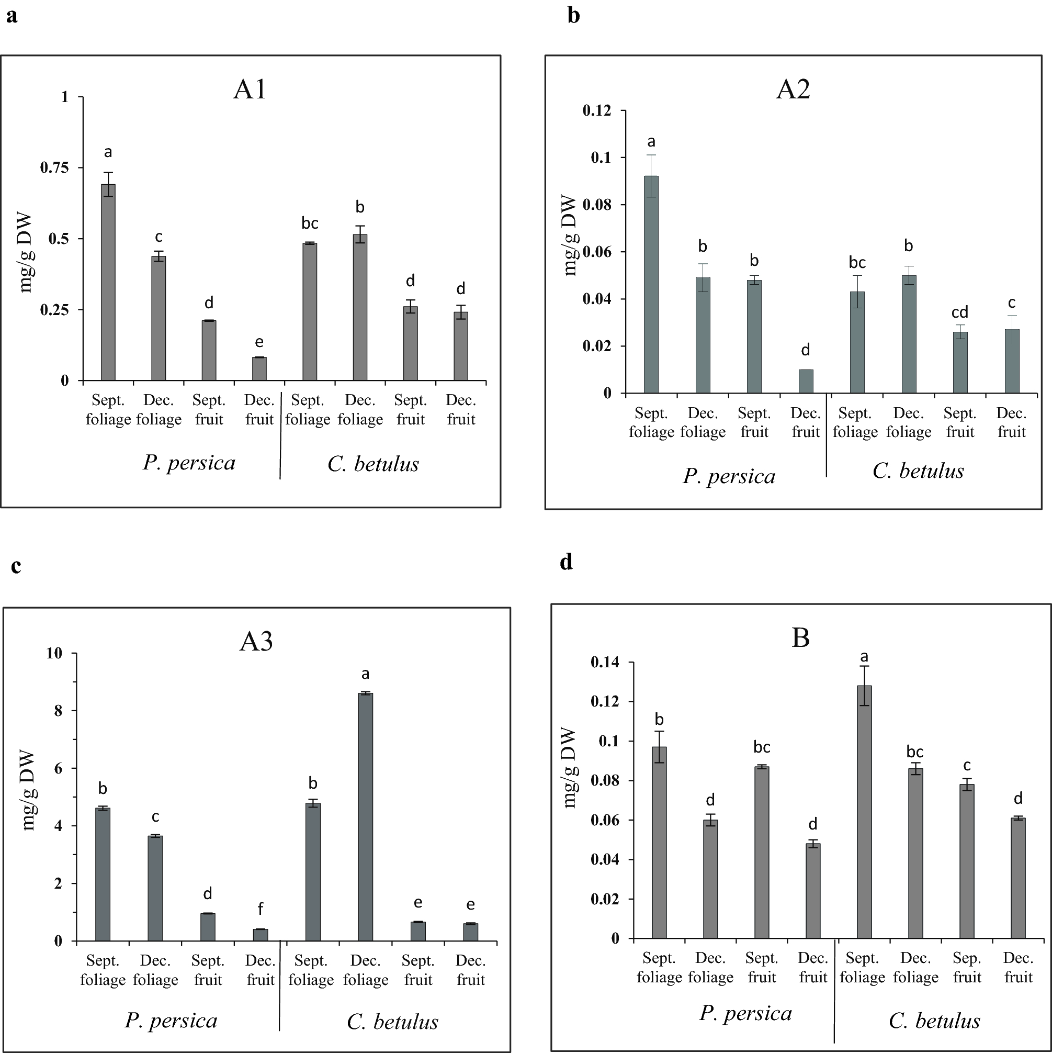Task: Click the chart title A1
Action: click(x=250, y=89)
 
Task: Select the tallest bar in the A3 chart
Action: click(x=365, y=817)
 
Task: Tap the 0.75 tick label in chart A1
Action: click(x=55, y=167)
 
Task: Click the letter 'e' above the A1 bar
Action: click(x=259, y=342)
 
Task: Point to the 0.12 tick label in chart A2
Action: click(x=597, y=110)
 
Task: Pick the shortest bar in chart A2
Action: click(x=805, y=382)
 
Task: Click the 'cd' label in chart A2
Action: click(x=959, y=312)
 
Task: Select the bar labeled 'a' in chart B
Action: click(x=864, y=812)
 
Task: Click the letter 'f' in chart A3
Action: click(x=261, y=909)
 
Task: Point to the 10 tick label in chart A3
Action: click(x=54, y=653)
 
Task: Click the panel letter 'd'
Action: click(x=566, y=562)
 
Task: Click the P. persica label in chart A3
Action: click(x=171, y=1021)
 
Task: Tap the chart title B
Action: click(x=800, y=637)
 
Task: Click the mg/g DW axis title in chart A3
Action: click(x=28, y=791)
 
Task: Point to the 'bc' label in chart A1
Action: click(x=310, y=223)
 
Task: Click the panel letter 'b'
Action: click(x=573, y=15)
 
